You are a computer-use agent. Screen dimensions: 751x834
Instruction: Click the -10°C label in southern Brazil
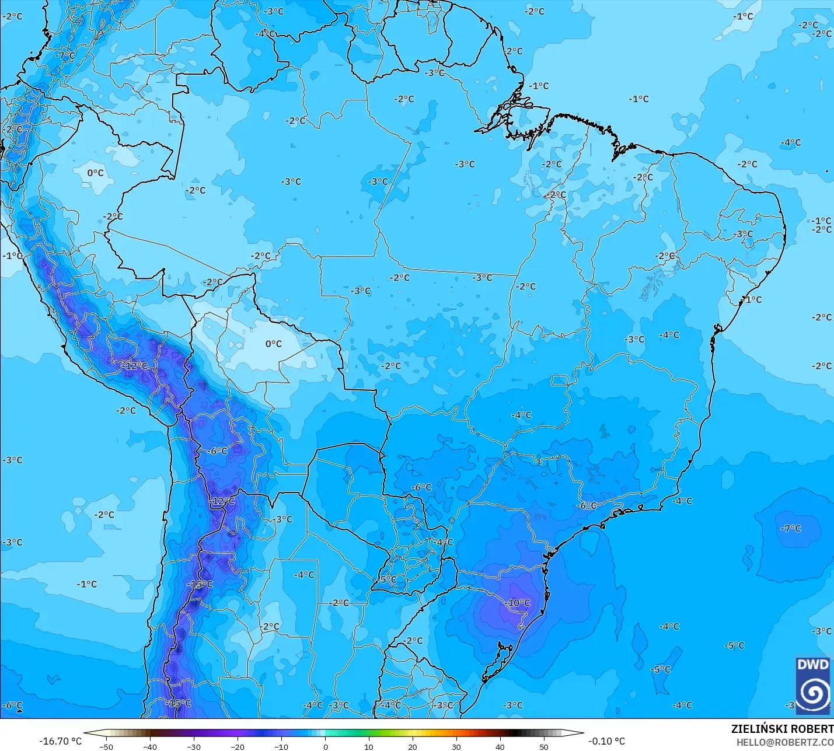click(x=518, y=603)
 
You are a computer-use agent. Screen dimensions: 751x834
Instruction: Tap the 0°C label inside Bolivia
click(x=273, y=344)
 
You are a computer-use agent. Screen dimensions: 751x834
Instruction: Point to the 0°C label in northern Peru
click(x=95, y=173)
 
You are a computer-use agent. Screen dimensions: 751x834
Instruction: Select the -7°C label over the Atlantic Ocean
click(x=791, y=528)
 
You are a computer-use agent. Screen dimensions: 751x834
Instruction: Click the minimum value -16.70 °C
click(x=60, y=741)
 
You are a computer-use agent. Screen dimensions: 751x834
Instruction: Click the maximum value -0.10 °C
click(x=606, y=741)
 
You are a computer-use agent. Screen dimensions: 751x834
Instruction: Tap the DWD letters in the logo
click(x=812, y=665)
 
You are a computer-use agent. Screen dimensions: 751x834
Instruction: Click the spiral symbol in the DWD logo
click(x=812, y=693)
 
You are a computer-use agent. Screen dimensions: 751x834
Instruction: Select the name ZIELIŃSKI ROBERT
click(x=782, y=729)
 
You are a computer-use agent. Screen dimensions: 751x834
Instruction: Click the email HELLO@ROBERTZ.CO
click(x=784, y=742)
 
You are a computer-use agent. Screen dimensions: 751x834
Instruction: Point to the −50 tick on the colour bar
click(x=106, y=746)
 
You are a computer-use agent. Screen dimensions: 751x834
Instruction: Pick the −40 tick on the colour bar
click(x=150, y=746)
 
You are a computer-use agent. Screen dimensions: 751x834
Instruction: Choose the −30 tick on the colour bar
click(x=194, y=746)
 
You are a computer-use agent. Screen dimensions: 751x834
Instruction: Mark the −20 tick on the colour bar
click(x=238, y=746)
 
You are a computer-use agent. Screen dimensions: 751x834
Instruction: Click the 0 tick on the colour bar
click(x=325, y=746)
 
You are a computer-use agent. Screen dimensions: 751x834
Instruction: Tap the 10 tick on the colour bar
click(x=369, y=746)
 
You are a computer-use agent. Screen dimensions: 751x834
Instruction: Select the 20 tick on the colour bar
click(x=413, y=746)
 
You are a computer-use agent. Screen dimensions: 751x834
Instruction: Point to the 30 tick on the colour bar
click(x=456, y=746)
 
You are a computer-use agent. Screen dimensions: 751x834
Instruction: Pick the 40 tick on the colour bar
click(x=500, y=746)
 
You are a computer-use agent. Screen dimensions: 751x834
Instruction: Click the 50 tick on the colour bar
click(x=544, y=746)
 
